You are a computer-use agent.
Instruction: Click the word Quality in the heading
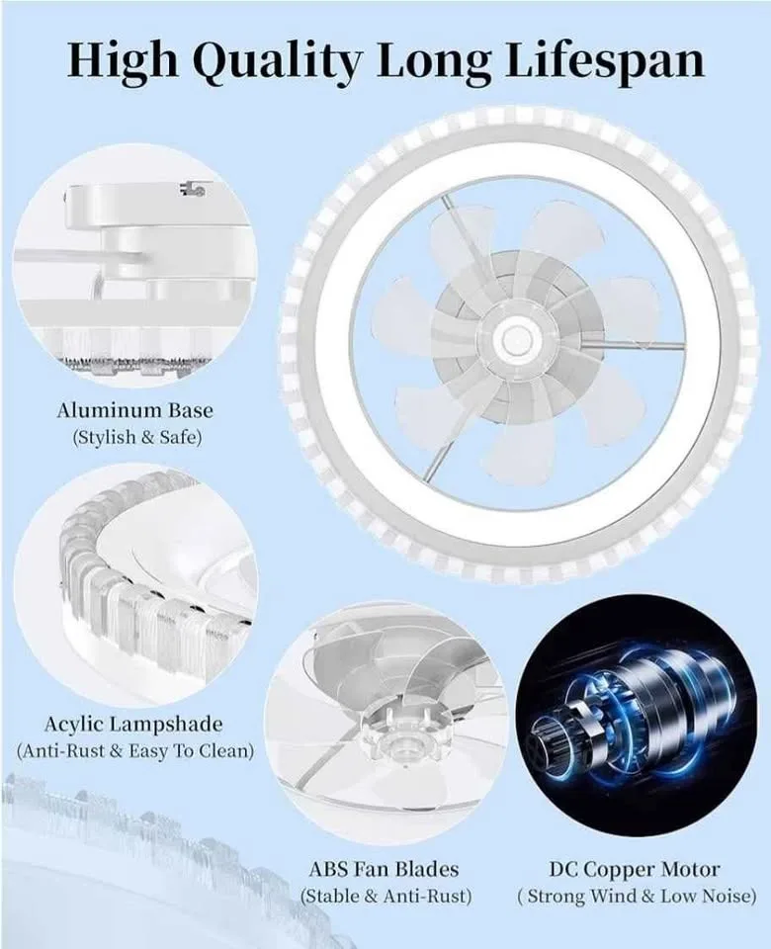pos(276,61)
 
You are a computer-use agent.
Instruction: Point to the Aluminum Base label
pos(134,409)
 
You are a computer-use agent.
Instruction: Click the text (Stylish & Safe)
pos(135,437)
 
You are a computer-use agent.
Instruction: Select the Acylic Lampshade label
pos(133,725)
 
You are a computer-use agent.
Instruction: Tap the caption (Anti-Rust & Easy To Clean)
pos(135,751)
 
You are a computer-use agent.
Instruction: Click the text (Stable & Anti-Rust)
pos(385,897)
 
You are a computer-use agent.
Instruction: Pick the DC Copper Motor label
pos(635,870)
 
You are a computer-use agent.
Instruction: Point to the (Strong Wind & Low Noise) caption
pos(637,897)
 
